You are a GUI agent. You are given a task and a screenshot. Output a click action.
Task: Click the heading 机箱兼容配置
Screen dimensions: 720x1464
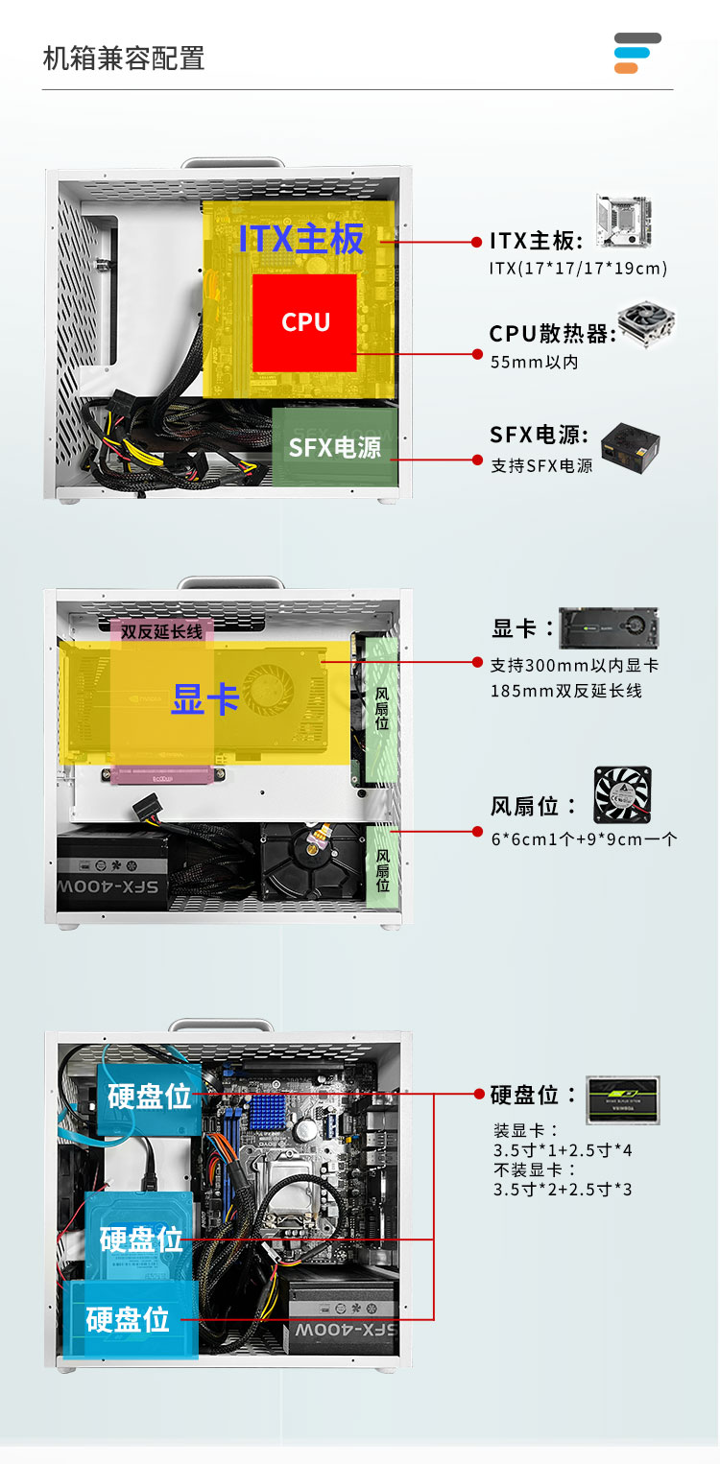pyautogui.click(x=124, y=59)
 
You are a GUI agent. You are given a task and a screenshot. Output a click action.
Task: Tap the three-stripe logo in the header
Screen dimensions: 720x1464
pyautogui.click(x=637, y=53)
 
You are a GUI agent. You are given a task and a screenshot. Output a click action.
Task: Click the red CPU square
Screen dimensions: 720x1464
pyautogui.click(x=304, y=322)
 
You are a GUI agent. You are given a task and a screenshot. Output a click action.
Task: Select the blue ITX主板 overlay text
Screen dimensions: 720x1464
pyautogui.click(x=300, y=238)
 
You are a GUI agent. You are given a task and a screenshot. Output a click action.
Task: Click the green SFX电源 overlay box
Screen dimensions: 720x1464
pyautogui.click(x=334, y=446)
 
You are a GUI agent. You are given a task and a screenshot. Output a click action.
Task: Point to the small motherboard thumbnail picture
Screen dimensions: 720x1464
pyautogui.click(x=624, y=221)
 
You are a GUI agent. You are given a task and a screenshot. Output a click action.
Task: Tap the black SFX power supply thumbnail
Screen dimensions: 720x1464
pyautogui.click(x=631, y=447)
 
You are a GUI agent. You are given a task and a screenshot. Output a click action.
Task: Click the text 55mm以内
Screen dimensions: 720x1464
pyautogui.click(x=535, y=362)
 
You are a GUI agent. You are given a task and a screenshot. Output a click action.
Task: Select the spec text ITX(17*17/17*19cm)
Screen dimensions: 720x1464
pyautogui.click(x=578, y=268)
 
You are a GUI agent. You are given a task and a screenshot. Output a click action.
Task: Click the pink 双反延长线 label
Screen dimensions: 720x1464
pyautogui.click(x=161, y=631)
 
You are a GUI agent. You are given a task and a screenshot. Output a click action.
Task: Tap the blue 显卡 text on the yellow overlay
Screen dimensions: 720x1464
pyautogui.click(x=205, y=698)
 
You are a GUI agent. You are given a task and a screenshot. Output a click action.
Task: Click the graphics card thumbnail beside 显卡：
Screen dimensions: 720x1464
pyautogui.click(x=609, y=628)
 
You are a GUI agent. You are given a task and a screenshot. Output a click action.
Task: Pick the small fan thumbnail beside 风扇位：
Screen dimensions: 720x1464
pyautogui.click(x=623, y=794)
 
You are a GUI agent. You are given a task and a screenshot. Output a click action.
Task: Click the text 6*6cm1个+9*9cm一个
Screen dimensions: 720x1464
pyautogui.click(x=584, y=839)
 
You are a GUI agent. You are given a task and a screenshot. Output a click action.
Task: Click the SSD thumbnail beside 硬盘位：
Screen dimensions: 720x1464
pyautogui.click(x=623, y=1100)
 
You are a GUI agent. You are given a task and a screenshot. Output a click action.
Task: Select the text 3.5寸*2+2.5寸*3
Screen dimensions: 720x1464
pyautogui.click(x=563, y=1190)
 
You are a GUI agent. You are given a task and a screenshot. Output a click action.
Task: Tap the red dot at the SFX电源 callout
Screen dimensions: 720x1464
pyautogui.click(x=477, y=460)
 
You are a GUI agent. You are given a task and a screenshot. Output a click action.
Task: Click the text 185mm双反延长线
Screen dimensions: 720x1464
pyautogui.click(x=566, y=691)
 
